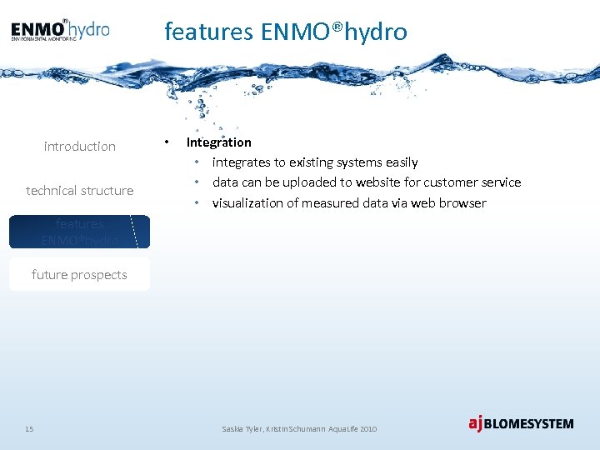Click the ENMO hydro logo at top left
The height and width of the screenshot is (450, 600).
(60, 31)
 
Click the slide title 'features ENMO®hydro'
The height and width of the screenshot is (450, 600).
(286, 32)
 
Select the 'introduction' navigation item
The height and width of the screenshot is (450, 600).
(80, 147)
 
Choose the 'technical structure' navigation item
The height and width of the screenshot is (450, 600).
(80, 191)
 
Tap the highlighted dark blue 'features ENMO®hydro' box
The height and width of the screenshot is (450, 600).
(80, 232)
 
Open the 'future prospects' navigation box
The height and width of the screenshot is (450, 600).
(80, 275)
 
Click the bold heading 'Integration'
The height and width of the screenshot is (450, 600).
(218, 142)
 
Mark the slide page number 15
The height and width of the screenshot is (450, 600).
(29, 428)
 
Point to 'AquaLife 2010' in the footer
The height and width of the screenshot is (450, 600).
(352, 428)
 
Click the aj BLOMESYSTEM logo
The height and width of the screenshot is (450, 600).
(521, 423)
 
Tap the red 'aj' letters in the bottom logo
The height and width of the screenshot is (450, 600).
(476, 423)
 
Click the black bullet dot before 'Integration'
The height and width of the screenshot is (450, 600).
(167, 142)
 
